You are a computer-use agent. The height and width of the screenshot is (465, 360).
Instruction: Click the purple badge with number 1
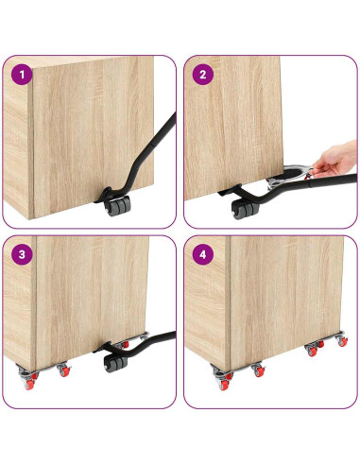22,75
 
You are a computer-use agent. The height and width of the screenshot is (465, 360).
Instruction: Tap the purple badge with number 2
203,75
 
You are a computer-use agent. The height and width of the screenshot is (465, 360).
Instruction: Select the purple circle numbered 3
22,254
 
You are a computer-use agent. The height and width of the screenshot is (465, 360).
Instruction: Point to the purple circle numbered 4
203,254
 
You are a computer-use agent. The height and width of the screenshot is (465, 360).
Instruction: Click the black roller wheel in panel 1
117,205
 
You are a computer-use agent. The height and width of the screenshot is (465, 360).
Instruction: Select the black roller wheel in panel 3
116,363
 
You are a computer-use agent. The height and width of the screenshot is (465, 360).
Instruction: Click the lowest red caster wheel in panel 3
29,385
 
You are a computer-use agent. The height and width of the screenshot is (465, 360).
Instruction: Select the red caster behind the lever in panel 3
125,344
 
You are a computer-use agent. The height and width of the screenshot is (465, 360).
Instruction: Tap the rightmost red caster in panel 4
343,341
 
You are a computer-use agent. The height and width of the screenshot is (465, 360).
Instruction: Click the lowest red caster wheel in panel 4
224,385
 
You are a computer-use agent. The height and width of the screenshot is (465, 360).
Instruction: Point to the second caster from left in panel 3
64,370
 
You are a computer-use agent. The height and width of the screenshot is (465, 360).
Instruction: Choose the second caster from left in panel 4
259,370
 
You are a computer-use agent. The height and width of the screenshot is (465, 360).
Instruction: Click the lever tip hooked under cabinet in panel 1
103,196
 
